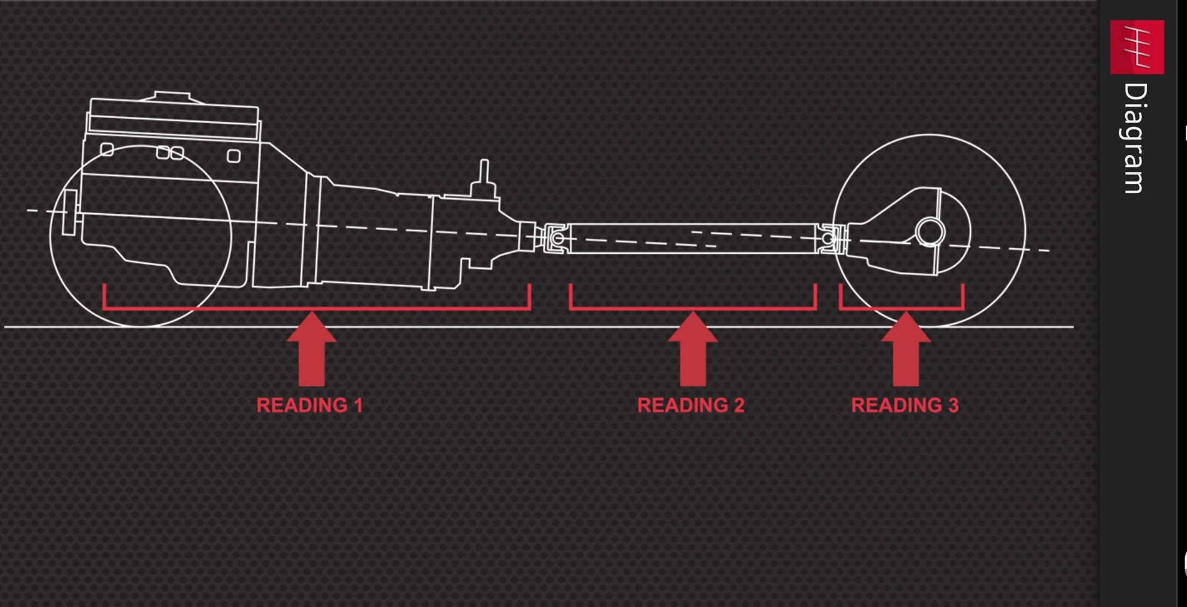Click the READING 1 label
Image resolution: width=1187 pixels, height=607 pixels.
(310, 405)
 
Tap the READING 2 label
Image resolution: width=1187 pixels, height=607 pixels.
(691, 405)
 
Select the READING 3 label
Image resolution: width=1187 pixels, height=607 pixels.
(905, 405)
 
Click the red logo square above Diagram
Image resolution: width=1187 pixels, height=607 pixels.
(1137, 48)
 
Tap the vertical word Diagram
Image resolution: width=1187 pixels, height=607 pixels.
(1135, 138)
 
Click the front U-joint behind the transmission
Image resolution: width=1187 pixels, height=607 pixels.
(555, 238)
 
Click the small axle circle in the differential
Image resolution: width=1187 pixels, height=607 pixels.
(930, 233)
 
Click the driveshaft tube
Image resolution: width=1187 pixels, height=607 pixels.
(692, 238)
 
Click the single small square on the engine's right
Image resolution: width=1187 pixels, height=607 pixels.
(234, 156)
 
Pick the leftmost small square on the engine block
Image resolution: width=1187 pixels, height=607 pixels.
(107, 149)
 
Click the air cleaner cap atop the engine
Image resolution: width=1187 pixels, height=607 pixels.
(172, 96)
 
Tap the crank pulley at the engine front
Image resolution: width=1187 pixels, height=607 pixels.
(70, 213)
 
